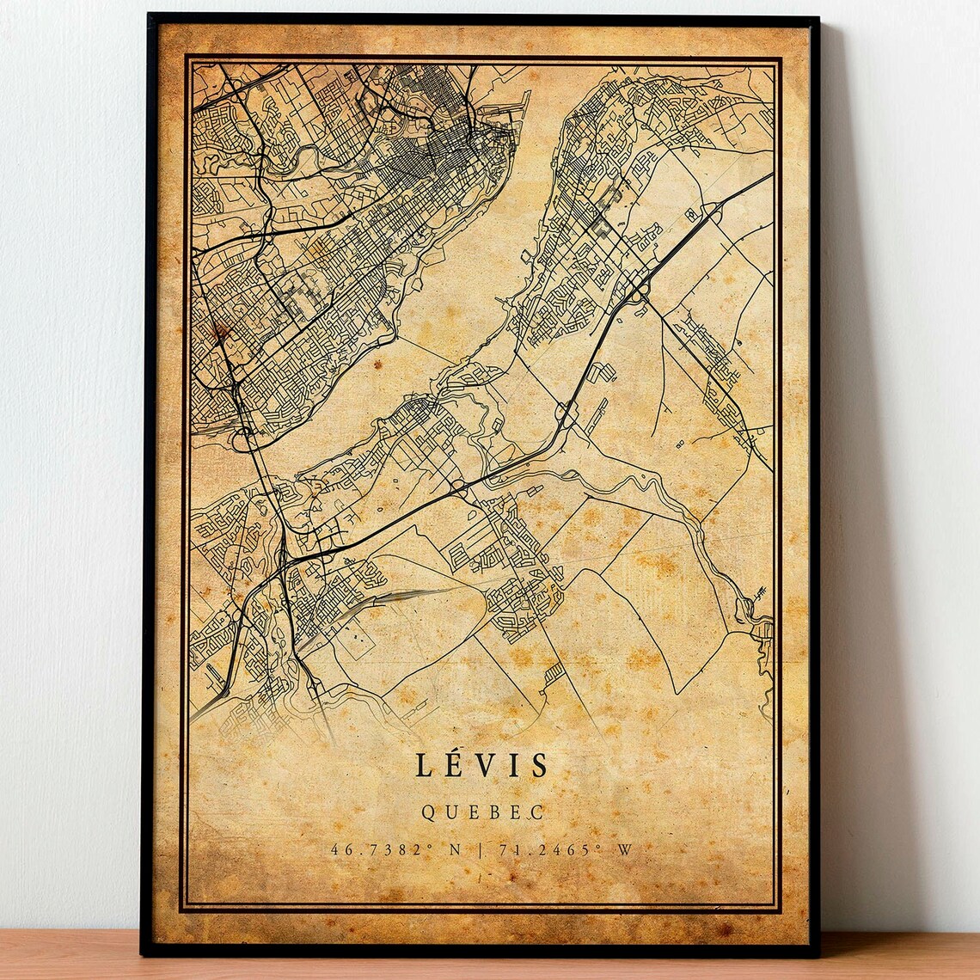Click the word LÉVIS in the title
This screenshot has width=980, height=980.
(x=481, y=765)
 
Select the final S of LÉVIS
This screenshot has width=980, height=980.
(x=539, y=765)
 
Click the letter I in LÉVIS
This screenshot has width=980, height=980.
(x=513, y=765)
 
